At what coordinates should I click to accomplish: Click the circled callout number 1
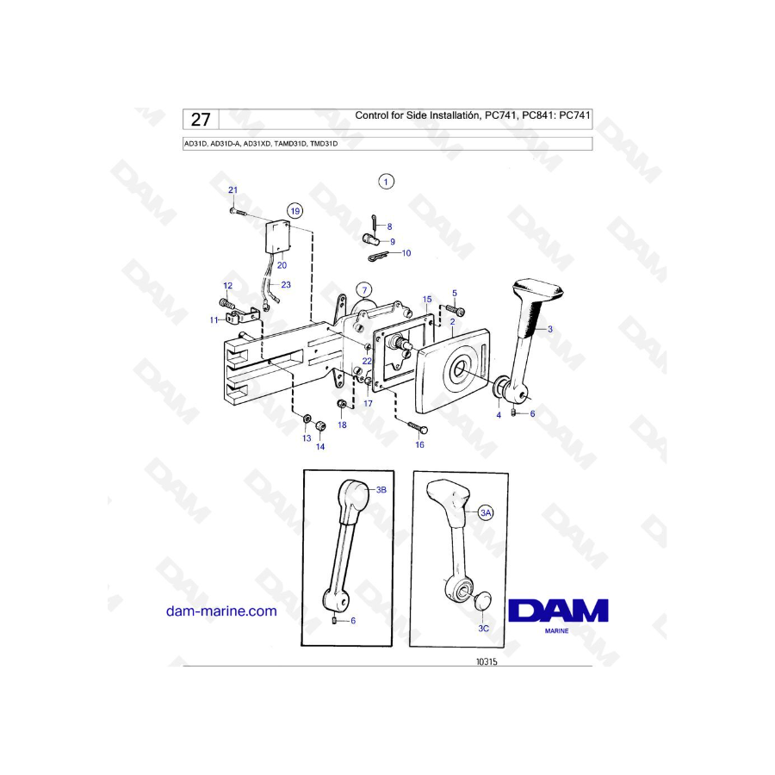click(386, 182)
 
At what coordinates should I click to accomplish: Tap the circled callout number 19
click(295, 211)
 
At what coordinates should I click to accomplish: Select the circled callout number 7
click(365, 290)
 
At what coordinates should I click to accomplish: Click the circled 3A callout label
click(486, 512)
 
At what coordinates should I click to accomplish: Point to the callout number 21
click(232, 189)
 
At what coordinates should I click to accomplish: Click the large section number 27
click(201, 120)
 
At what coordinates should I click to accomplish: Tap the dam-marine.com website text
click(221, 611)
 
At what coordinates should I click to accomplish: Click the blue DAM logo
click(559, 611)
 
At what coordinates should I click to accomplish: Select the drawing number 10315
click(487, 662)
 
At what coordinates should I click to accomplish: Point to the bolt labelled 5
click(456, 309)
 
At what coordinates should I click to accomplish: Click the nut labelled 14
click(319, 425)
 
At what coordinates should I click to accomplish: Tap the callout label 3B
click(381, 490)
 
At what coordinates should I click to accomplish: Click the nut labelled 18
click(342, 405)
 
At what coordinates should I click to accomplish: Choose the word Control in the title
click(372, 115)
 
